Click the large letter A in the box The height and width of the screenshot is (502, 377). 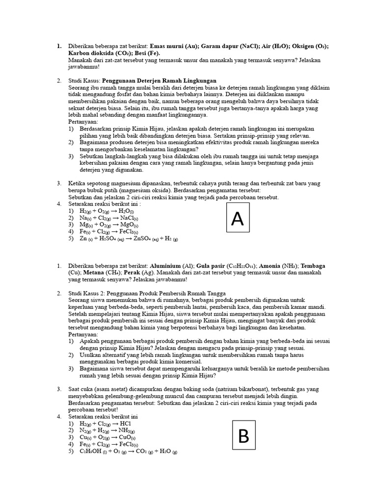click(x=238, y=219)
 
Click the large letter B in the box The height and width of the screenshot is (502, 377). click(x=243, y=435)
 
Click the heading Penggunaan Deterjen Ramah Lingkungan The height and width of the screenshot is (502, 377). click(x=159, y=80)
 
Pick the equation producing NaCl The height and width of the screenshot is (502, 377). click(x=108, y=218)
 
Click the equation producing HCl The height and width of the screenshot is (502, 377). click(x=106, y=423)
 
